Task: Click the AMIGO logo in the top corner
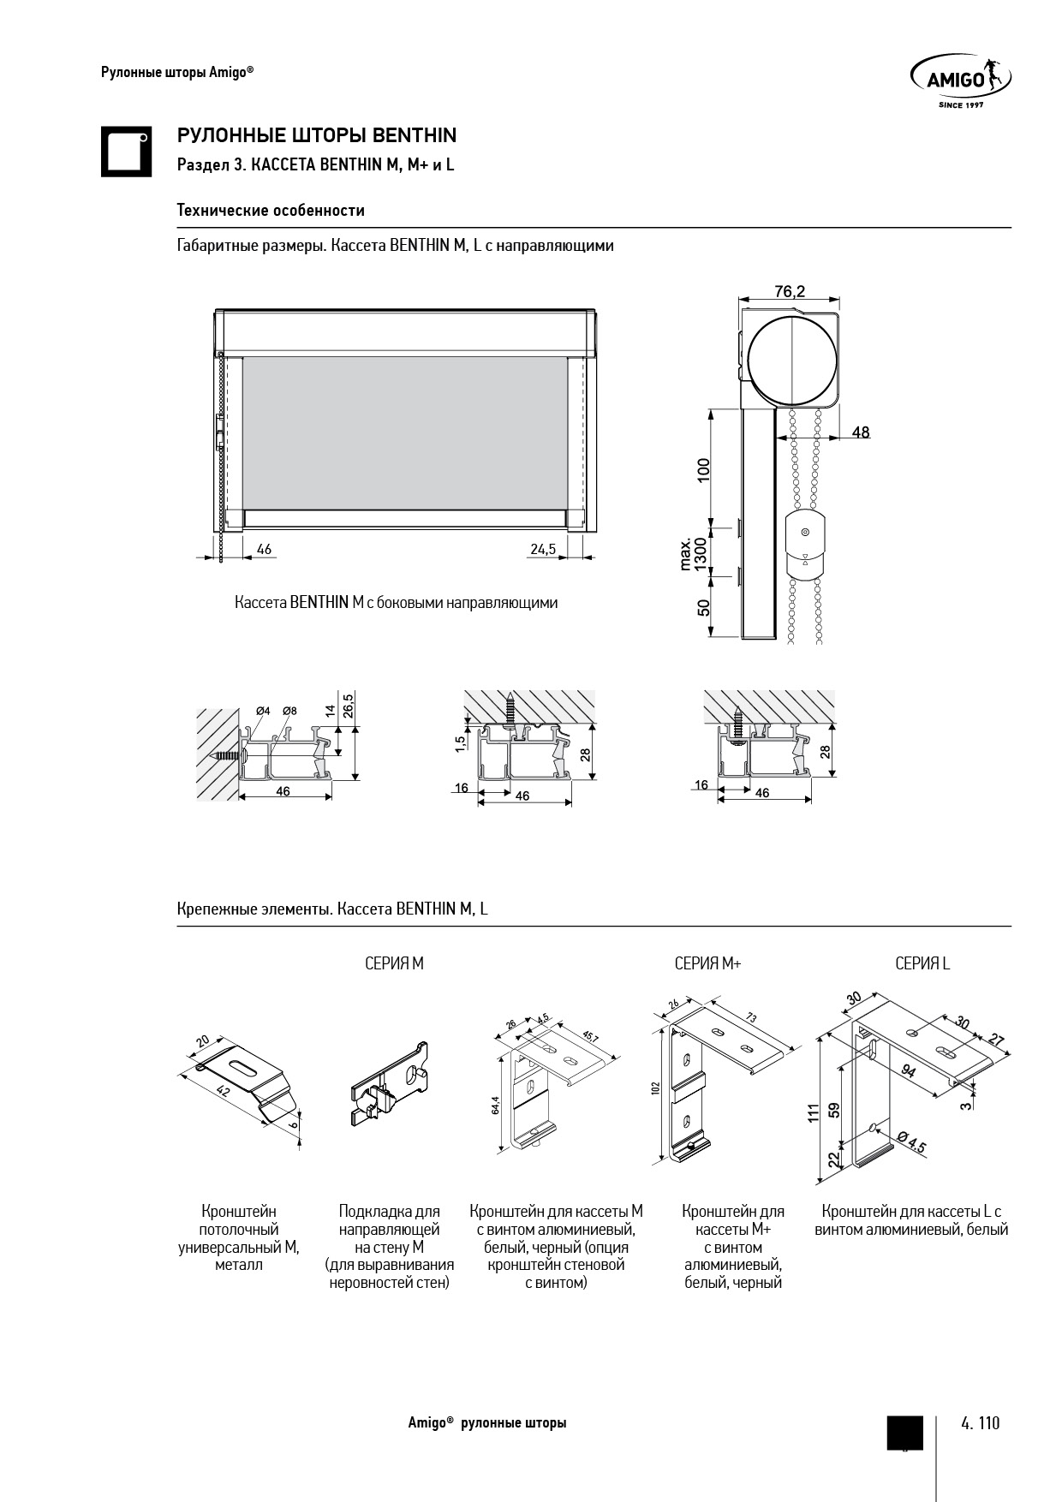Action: pos(960,80)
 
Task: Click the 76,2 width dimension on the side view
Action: pos(790,291)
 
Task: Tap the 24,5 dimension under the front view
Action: pos(543,549)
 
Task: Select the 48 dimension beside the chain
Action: pos(861,432)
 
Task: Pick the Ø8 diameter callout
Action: pos(289,711)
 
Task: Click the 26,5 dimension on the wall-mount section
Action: pos(348,706)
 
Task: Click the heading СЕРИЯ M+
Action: pos(707,963)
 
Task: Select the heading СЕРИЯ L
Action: pos(922,963)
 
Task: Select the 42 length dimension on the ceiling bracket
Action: pos(224,1092)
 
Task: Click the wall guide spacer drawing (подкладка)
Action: pos(390,1084)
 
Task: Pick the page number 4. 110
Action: pos(981,1423)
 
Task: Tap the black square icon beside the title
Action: pos(127,152)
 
